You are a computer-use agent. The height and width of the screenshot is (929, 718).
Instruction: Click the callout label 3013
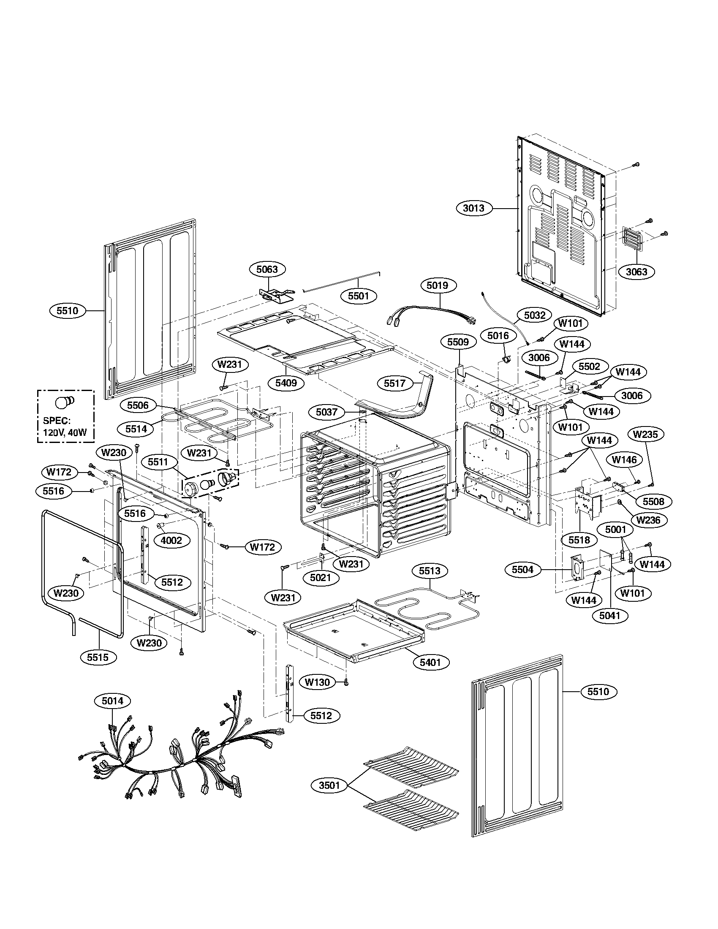click(x=473, y=208)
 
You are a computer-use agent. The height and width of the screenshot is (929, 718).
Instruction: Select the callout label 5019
click(x=437, y=285)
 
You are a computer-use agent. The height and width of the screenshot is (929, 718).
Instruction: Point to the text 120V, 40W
click(x=65, y=432)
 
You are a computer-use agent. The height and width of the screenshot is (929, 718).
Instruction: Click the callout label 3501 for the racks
click(x=329, y=785)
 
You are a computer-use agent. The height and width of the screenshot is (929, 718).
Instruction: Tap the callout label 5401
click(x=430, y=662)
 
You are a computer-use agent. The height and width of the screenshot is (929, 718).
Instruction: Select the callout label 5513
click(x=430, y=571)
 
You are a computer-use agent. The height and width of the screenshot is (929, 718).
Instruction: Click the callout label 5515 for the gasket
click(x=98, y=657)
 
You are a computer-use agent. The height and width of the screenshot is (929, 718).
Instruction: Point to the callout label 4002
click(x=171, y=540)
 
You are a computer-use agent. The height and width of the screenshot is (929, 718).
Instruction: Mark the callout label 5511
click(x=158, y=462)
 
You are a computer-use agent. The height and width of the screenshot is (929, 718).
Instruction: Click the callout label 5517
click(x=395, y=383)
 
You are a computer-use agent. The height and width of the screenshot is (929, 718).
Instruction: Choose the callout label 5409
click(x=289, y=383)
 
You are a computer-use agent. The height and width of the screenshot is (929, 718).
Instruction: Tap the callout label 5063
click(x=267, y=269)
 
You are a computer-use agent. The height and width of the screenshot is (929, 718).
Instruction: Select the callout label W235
click(x=645, y=434)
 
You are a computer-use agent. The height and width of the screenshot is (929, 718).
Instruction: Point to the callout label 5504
click(x=522, y=570)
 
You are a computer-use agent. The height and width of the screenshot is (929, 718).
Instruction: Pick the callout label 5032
click(x=534, y=315)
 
